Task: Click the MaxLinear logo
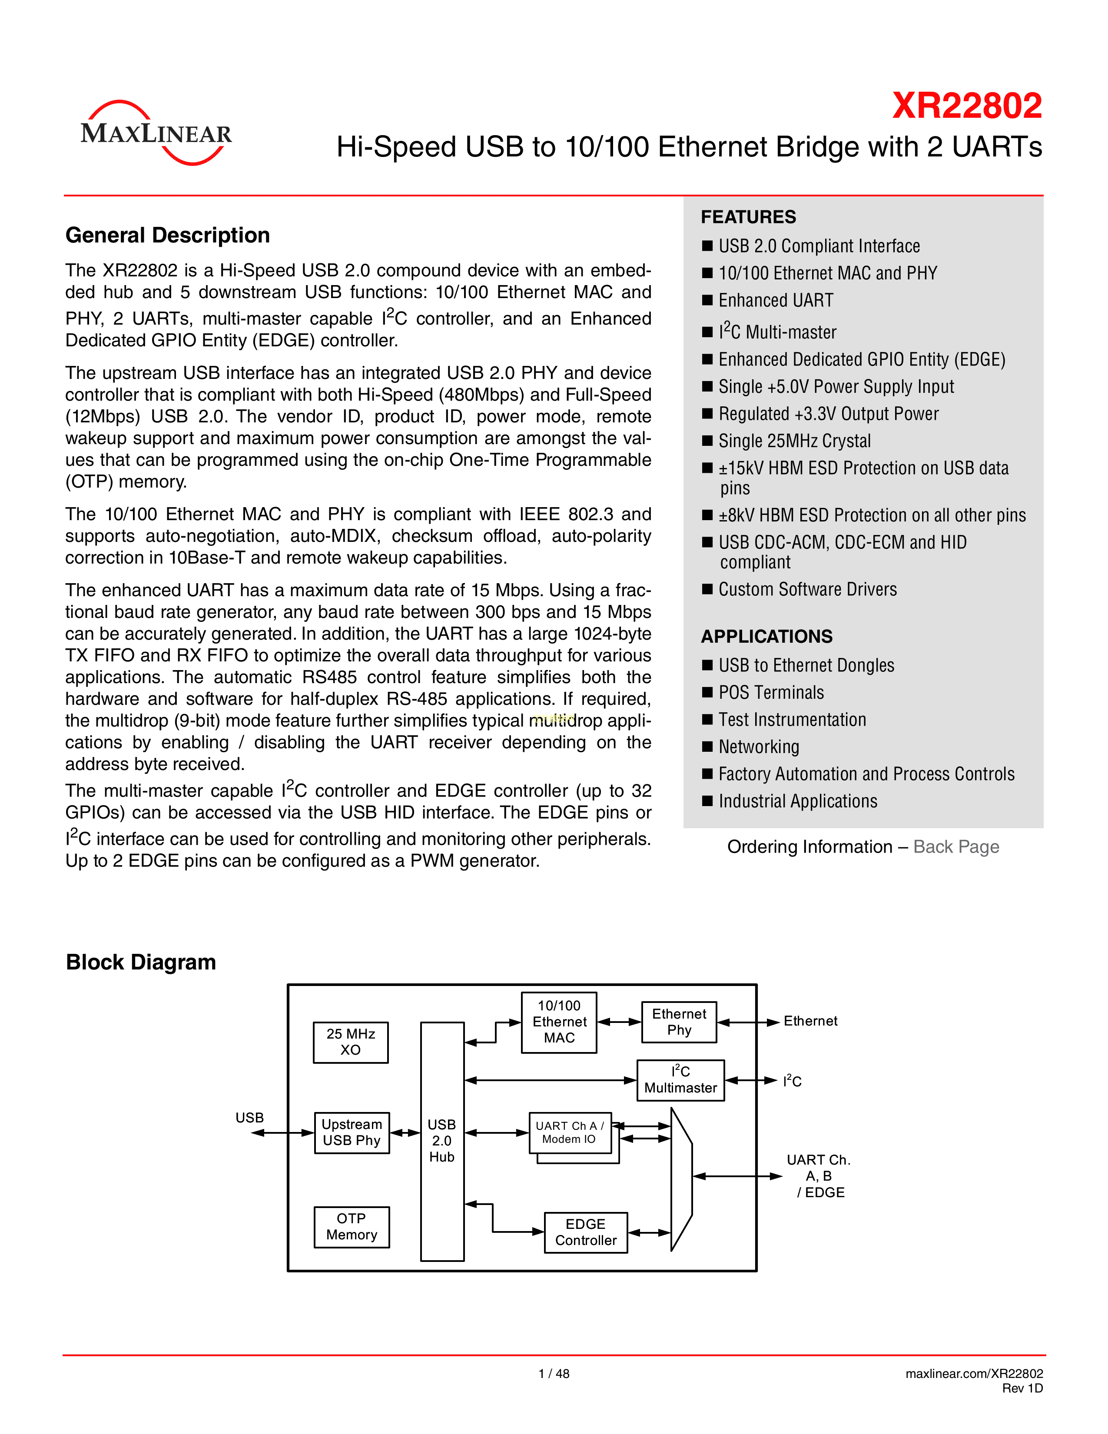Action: [156, 133]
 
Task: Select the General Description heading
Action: [167, 235]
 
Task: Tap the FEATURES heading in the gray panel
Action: [748, 217]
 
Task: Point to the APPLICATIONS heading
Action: [766, 636]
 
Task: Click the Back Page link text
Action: [956, 846]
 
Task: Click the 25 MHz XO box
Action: [351, 1042]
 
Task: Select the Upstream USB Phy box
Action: [352, 1132]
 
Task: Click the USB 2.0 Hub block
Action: [442, 1141]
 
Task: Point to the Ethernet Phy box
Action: [679, 1022]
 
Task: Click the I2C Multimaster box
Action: [681, 1080]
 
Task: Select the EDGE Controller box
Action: [586, 1232]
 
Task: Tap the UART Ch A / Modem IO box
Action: [570, 1132]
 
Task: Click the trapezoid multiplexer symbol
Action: [681, 1178]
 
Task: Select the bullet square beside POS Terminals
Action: [707, 692]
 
